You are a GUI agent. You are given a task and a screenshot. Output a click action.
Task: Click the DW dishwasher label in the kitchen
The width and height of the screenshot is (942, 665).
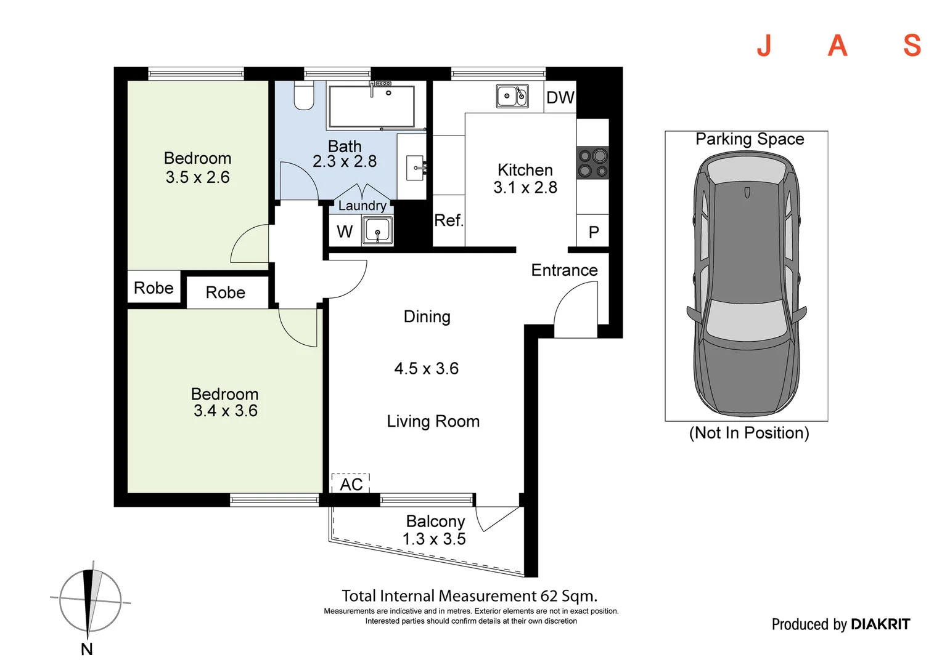560,97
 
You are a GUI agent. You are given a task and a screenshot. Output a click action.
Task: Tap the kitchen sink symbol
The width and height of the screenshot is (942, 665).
512,96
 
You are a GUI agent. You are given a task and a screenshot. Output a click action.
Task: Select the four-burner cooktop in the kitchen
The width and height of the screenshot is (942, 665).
592,163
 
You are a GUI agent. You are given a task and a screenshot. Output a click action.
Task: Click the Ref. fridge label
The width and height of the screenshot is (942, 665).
448,220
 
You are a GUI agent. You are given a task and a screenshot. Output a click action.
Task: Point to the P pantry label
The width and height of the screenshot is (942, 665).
594,232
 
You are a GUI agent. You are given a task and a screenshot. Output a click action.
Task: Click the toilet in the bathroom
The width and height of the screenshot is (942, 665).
303,95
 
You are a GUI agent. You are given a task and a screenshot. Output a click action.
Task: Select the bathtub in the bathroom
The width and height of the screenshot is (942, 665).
371,107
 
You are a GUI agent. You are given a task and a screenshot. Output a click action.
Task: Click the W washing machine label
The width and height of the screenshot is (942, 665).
345,232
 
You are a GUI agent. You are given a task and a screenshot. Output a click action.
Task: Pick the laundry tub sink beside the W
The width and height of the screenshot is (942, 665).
377,231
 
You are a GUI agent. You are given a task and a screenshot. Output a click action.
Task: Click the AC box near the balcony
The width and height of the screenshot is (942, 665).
351,484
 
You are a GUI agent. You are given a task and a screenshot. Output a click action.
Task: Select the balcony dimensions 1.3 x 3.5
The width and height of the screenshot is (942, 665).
434,539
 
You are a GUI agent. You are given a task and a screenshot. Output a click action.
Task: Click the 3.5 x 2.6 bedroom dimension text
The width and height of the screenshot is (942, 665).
197,177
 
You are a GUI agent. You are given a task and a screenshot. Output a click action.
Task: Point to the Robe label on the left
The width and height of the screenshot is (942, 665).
154,288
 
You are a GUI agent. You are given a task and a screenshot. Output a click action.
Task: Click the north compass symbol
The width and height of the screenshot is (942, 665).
90,600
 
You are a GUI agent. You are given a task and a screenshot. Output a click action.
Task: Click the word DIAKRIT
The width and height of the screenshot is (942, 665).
880,624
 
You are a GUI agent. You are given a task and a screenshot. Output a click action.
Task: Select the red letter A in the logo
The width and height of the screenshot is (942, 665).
837,46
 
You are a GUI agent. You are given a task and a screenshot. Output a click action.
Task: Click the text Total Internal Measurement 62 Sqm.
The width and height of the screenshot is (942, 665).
469,596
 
